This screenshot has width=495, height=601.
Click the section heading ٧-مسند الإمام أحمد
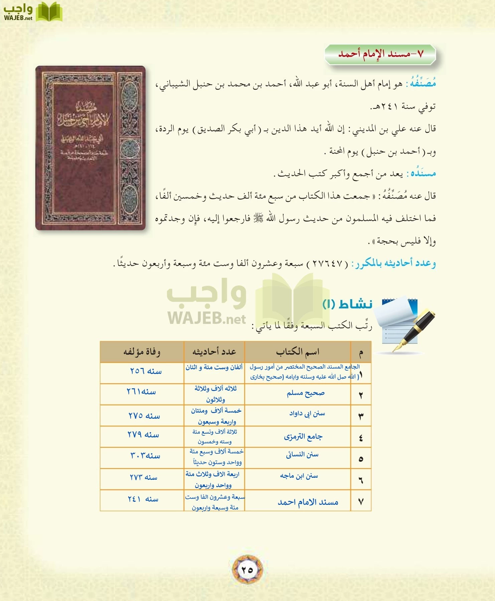coord(380,54)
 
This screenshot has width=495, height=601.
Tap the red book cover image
coord(91,148)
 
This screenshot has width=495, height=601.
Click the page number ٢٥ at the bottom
coord(247,570)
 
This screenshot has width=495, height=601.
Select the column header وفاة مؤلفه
coord(142,352)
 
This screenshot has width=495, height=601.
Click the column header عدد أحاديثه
coord(214,352)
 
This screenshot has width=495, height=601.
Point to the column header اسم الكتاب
coord(298,352)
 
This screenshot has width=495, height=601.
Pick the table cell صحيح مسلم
coord(306,394)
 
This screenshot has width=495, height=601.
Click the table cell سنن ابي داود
coord(307,414)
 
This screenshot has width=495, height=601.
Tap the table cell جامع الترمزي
coord(303,437)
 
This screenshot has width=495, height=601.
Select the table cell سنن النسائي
coord(302,455)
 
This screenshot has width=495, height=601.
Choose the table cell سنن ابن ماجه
coord(299,476)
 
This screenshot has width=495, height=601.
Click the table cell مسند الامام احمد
coord(308,502)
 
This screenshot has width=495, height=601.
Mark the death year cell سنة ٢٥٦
coord(146,371)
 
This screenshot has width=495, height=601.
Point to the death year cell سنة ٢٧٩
coord(143,435)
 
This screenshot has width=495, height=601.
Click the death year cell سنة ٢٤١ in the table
coord(143,499)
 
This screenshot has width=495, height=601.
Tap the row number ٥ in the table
coord(361,459)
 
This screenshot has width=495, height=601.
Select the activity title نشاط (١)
coord(347,304)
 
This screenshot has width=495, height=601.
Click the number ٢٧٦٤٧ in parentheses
coord(328,264)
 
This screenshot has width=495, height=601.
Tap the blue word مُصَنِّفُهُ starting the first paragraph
coord(423,83)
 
